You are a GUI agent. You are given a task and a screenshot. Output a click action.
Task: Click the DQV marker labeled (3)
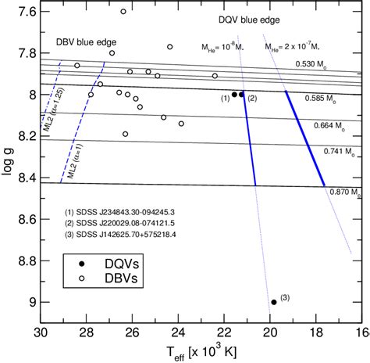[x=273, y=302]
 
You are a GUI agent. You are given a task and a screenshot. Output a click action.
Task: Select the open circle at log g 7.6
[x=123, y=12]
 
